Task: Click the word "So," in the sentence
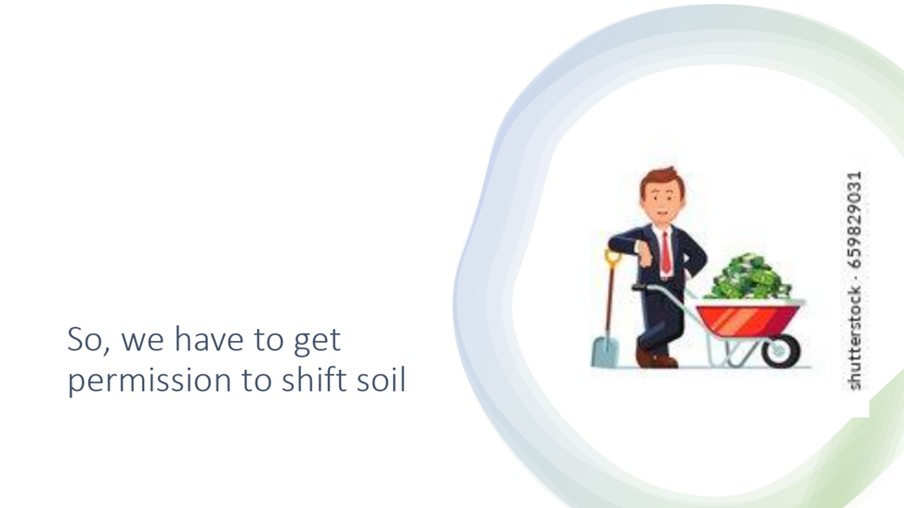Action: (x=88, y=339)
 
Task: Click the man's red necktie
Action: (x=666, y=253)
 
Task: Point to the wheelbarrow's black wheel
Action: (x=780, y=349)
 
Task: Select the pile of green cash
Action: (x=751, y=278)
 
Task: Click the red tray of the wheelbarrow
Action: (x=748, y=320)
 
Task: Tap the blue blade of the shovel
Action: (x=605, y=352)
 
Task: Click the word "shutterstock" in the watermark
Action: (x=855, y=337)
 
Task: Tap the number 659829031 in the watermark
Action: (x=855, y=219)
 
